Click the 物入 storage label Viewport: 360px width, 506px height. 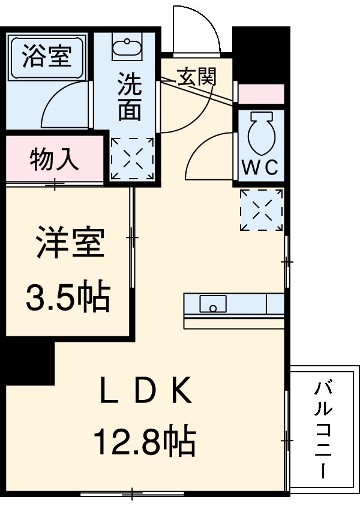tap(55, 160)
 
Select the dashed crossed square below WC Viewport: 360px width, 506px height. tap(260, 209)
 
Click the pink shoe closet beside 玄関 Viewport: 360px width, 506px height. tap(260, 94)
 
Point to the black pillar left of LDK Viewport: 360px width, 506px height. tap(27, 363)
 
